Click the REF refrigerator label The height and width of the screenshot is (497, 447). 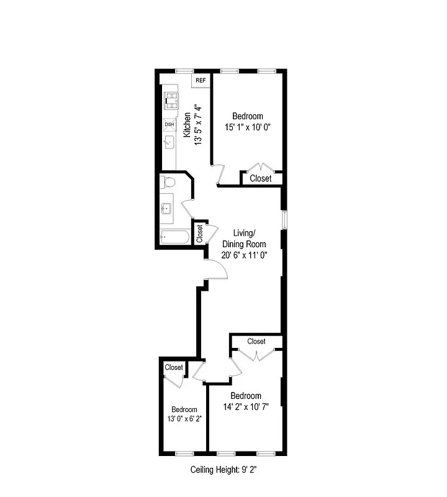tap(201, 81)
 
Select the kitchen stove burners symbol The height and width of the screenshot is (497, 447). tap(169, 99)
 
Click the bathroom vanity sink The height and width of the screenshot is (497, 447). tap(167, 209)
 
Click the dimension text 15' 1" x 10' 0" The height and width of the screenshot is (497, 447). tap(248, 127)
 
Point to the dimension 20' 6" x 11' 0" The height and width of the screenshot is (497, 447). tap(245, 255)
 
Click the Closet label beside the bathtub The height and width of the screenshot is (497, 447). tap(200, 233)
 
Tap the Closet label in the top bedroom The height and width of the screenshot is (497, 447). tap(260, 178)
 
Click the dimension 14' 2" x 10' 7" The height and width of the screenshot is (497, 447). tap(246, 408)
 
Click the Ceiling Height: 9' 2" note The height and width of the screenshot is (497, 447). tap(223, 470)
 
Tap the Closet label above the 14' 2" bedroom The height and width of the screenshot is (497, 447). tap(256, 341)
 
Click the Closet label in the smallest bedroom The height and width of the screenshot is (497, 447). tap(174, 367)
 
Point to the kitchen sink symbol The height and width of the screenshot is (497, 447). tap(168, 143)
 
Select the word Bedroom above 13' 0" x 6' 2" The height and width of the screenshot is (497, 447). tap(184, 409)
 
